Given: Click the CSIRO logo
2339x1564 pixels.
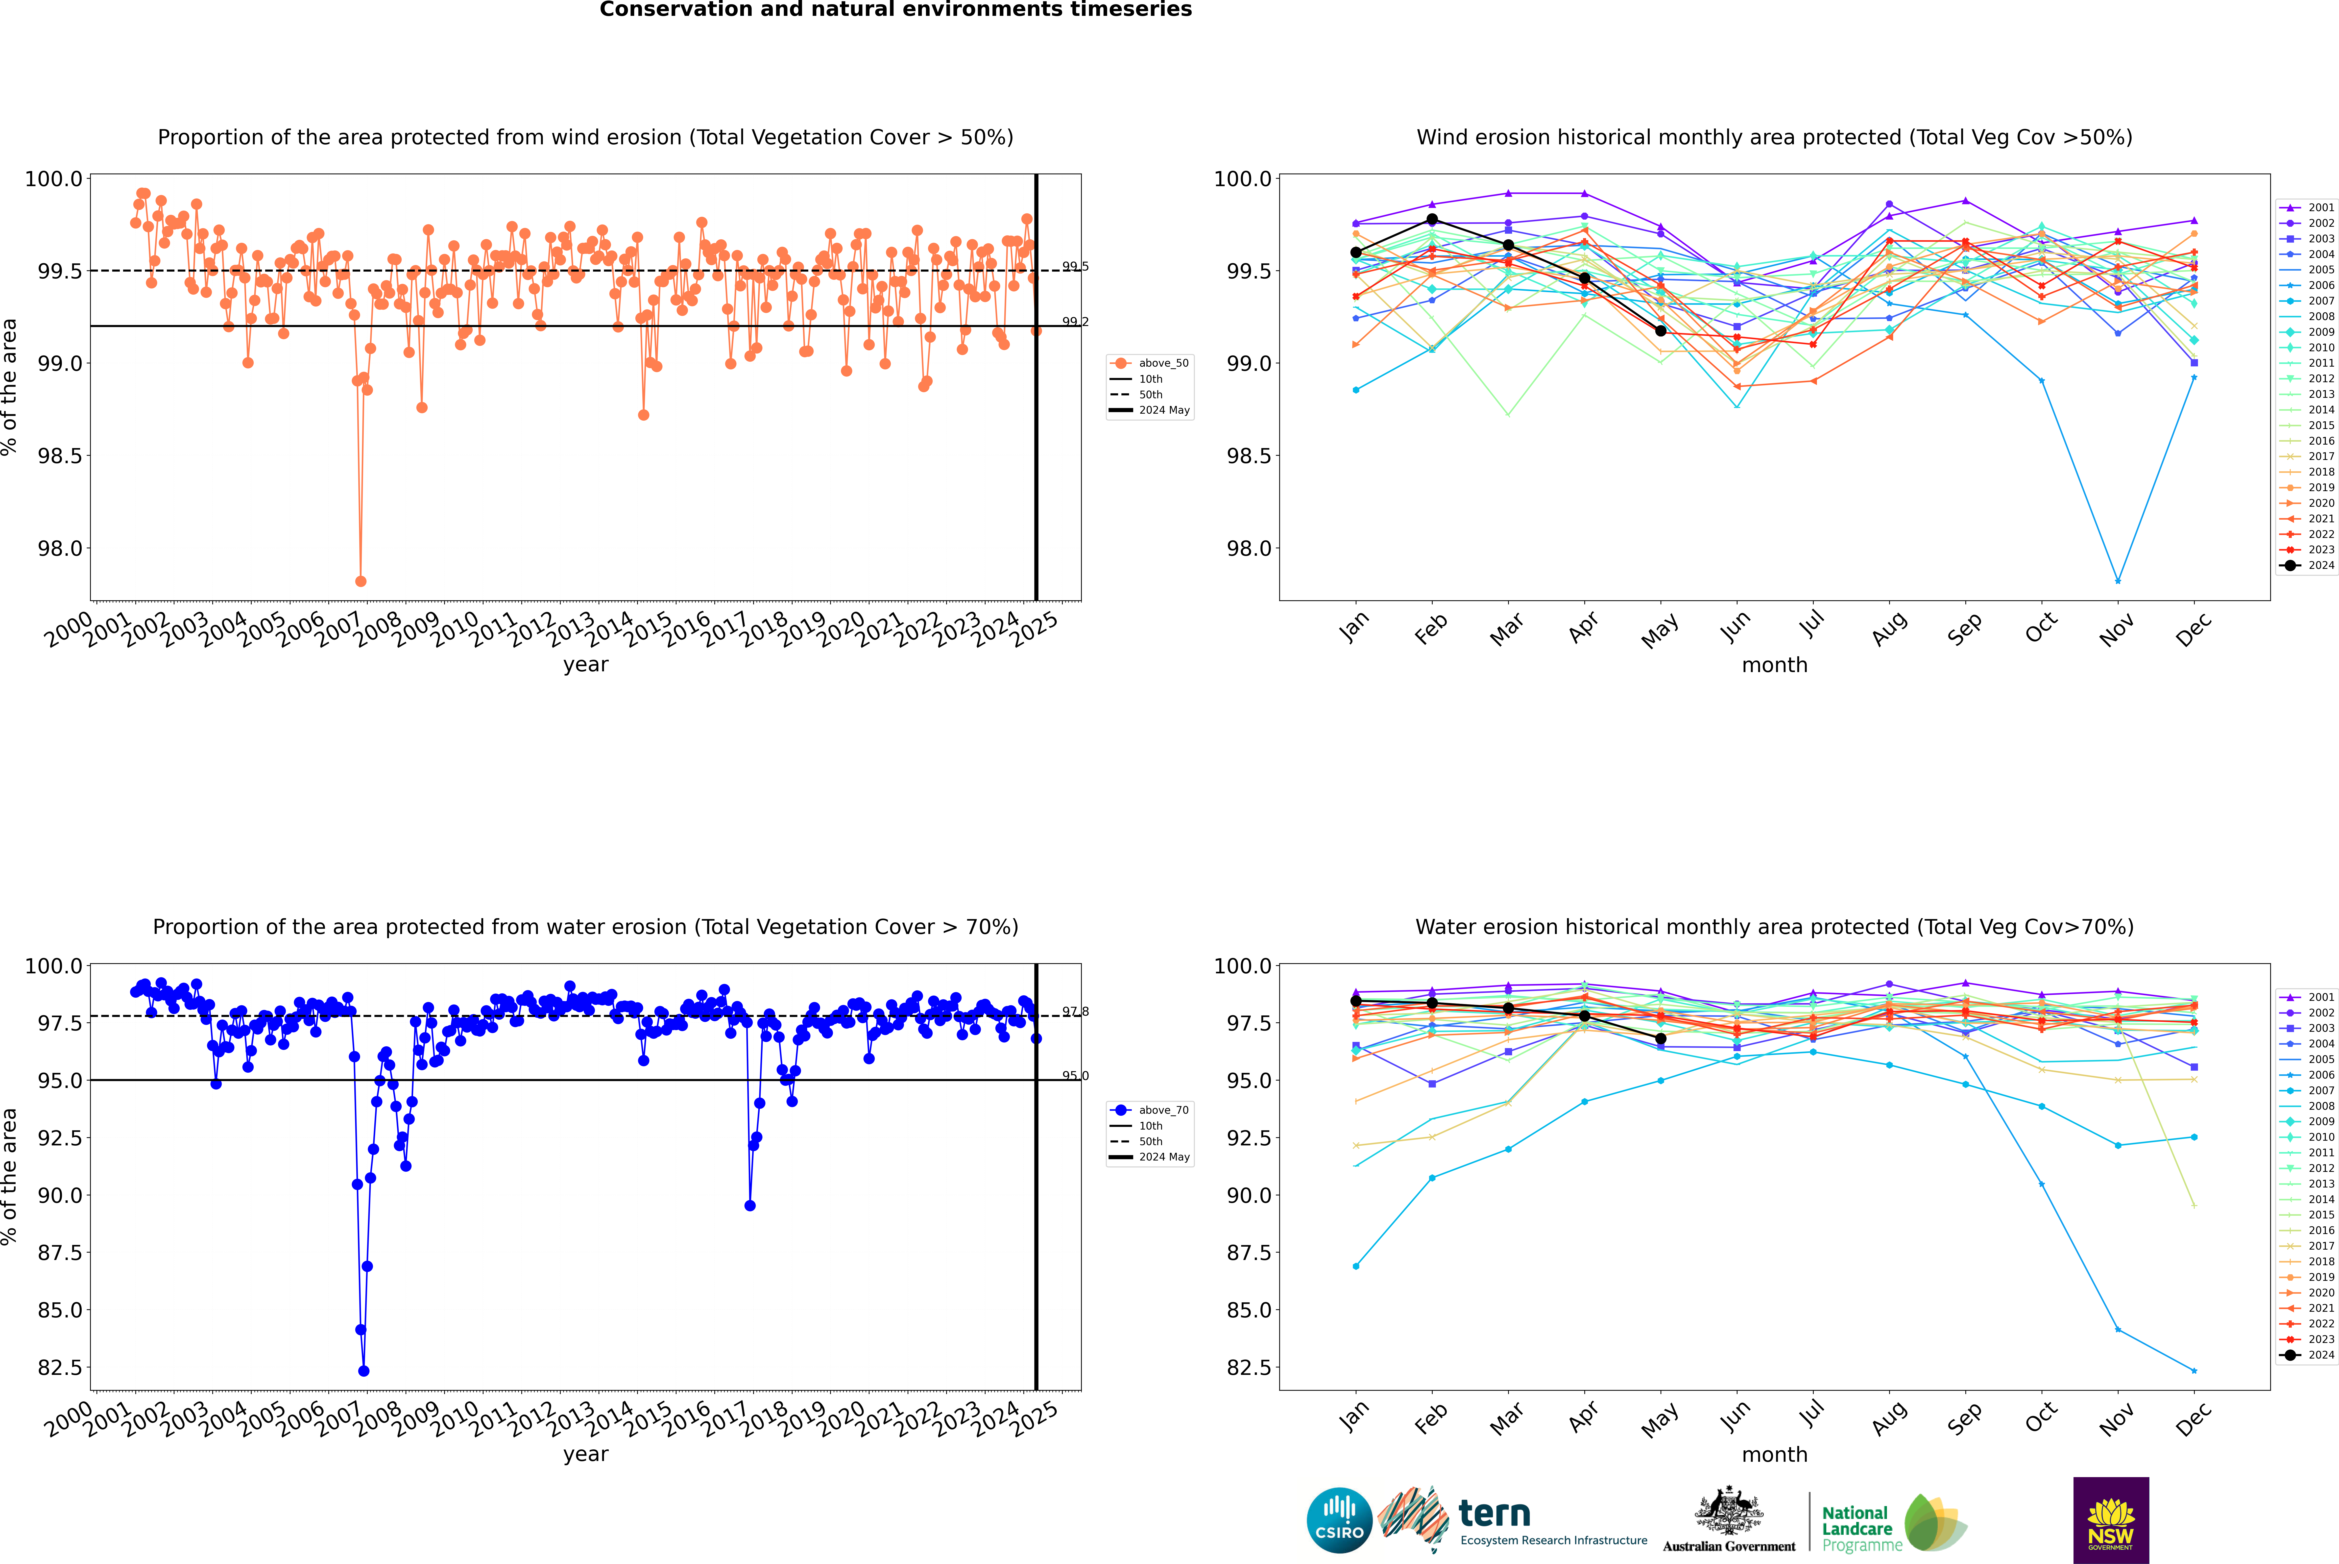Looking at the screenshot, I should click(x=1339, y=1520).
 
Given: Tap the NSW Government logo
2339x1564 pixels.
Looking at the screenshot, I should click(x=2111, y=1520).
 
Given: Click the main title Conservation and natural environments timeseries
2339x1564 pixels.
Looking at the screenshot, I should click(x=895, y=10).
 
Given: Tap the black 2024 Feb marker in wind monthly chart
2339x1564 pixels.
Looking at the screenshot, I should click(x=1432, y=219).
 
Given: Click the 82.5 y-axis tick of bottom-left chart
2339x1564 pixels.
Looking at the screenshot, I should click(x=60, y=1367).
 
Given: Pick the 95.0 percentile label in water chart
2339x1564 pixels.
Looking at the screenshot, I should click(x=1075, y=1076).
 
